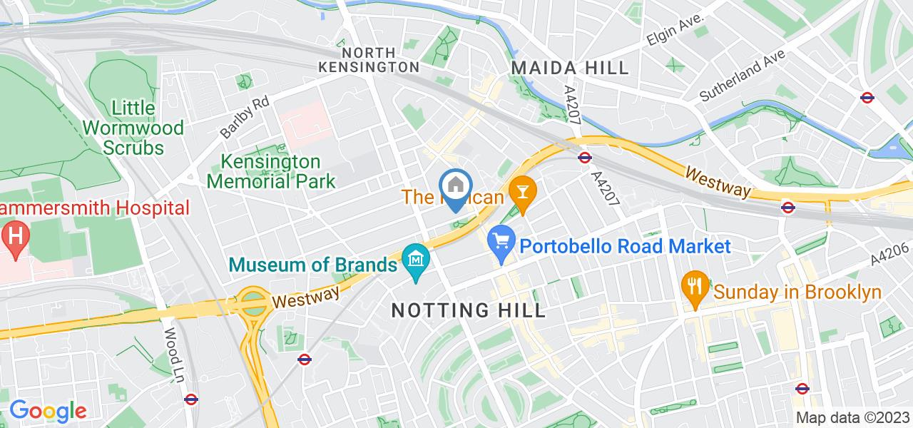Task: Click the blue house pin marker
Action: [455, 188]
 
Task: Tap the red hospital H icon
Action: [14, 235]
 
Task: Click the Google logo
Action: [47, 411]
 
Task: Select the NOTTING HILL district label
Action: [469, 310]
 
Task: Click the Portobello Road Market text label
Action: [625, 247]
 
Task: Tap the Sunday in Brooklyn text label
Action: [797, 292]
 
